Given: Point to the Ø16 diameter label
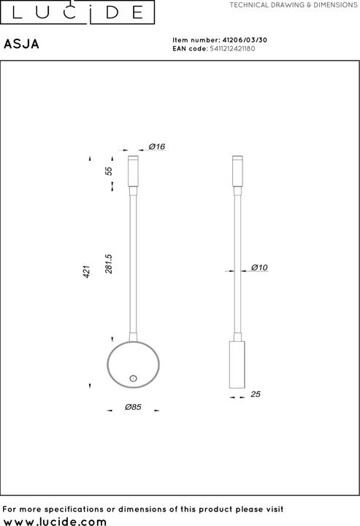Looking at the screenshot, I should click(x=157, y=147).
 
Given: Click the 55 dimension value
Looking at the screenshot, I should click(x=109, y=171).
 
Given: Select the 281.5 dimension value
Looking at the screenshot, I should click(x=109, y=264).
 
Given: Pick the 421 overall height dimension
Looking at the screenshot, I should click(x=86, y=272).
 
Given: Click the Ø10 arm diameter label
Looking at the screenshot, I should click(x=260, y=268).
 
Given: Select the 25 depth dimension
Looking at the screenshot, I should click(x=256, y=394).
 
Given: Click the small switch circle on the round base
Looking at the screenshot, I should click(x=133, y=378).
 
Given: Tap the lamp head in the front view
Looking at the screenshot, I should click(x=133, y=172).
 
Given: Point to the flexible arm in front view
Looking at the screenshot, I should click(x=133, y=263).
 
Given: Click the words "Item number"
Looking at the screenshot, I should click(x=194, y=41).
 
